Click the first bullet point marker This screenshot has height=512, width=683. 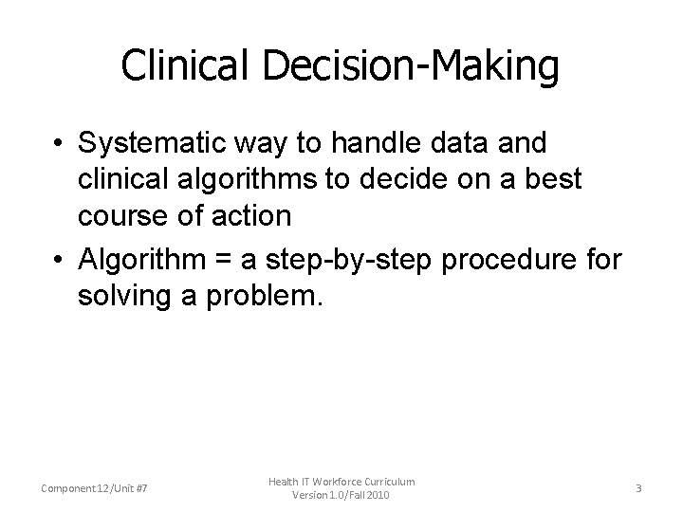[x=59, y=143]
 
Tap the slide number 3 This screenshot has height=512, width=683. [x=638, y=488]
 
